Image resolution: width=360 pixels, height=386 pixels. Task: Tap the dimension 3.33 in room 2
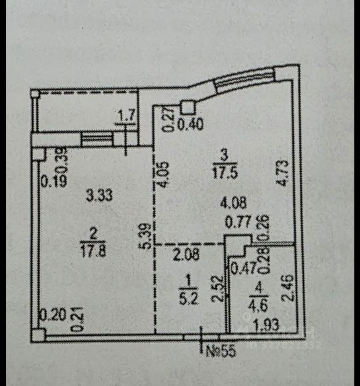point(99,196)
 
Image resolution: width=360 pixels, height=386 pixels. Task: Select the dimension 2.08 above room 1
point(187,255)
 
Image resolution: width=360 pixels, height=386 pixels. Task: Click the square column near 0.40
point(187,107)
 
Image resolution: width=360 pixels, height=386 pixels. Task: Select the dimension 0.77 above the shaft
point(237,222)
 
